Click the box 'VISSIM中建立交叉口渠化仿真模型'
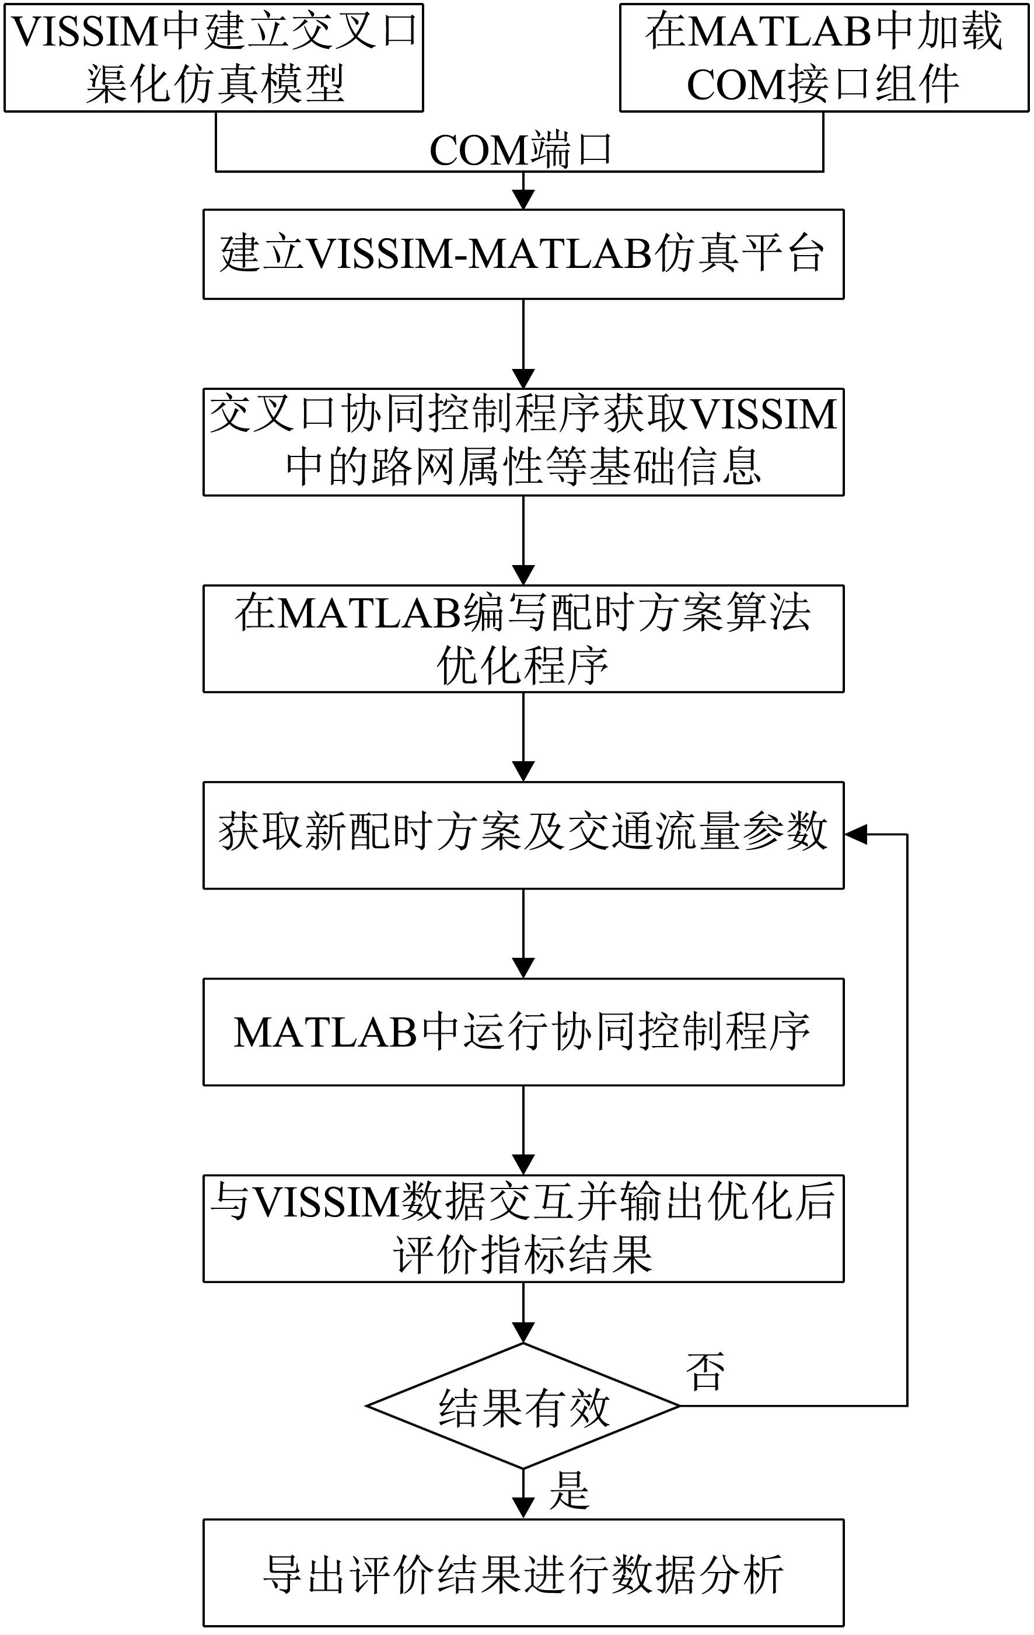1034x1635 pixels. (x=214, y=58)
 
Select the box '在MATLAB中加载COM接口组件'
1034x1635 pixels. (x=823, y=58)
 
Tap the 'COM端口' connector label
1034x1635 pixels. (x=521, y=150)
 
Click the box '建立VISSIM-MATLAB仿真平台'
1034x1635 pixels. (x=523, y=254)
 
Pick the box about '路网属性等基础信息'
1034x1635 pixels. (x=523, y=441)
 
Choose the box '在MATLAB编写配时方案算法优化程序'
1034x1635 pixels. (x=523, y=638)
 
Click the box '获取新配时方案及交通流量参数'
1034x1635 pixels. (x=523, y=835)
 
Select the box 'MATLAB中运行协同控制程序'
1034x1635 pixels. (x=523, y=1031)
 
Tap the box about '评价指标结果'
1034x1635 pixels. (x=523, y=1228)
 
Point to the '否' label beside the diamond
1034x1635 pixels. (x=705, y=1371)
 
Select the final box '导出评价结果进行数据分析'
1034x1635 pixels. (x=523, y=1573)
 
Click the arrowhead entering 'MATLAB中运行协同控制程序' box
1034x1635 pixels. (x=523, y=968)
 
